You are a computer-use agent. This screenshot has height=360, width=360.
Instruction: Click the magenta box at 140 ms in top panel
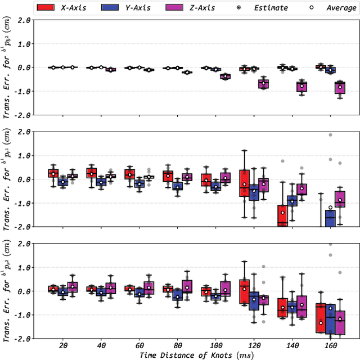click(x=302, y=86)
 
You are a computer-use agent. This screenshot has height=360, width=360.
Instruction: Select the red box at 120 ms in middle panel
click(x=244, y=182)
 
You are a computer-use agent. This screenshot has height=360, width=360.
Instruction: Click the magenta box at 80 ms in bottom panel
click(x=187, y=286)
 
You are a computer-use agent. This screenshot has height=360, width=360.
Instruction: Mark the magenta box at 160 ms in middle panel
click(x=340, y=199)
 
